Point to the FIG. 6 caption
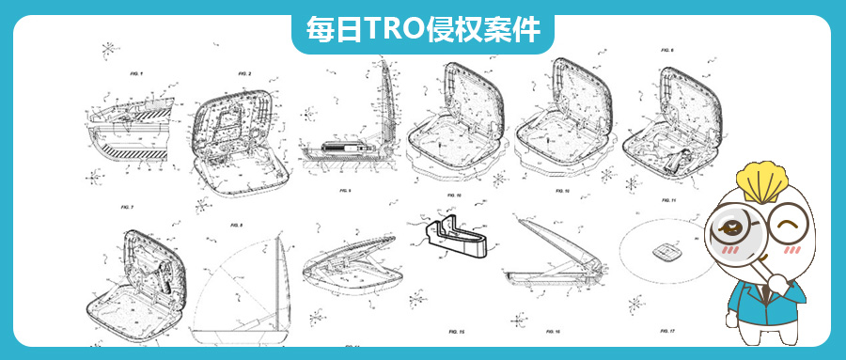pyautogui.click(x=667, y=49)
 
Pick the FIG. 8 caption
pyautogui.click(x=236, y=226)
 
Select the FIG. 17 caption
pyautogui.click(x=666, y=331)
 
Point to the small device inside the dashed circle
pyautogui.click(x=668, y=251)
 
